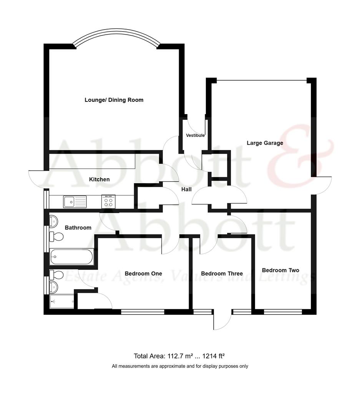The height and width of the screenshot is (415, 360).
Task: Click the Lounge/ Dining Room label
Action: click(114, 100)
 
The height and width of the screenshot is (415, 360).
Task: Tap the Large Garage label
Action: click(265, 143)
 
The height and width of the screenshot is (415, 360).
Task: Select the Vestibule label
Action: click(195, 136)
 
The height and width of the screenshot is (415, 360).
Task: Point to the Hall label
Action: click(186, 189)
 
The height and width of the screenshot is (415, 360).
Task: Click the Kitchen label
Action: click(99, 179)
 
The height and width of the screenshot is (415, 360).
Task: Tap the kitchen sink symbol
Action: click(75, 201)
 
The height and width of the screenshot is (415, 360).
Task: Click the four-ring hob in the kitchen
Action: click(108, 201)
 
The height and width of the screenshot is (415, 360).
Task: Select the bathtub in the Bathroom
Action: click(71, 256)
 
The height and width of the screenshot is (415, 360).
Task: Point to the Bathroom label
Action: click(78, 227)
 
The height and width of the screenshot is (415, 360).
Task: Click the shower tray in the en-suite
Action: click(62, 301)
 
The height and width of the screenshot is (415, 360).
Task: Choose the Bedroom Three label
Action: click(222, 274)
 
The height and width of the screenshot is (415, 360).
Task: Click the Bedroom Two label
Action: click(280, 270)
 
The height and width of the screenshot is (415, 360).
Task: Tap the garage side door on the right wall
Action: click(323, 186)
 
